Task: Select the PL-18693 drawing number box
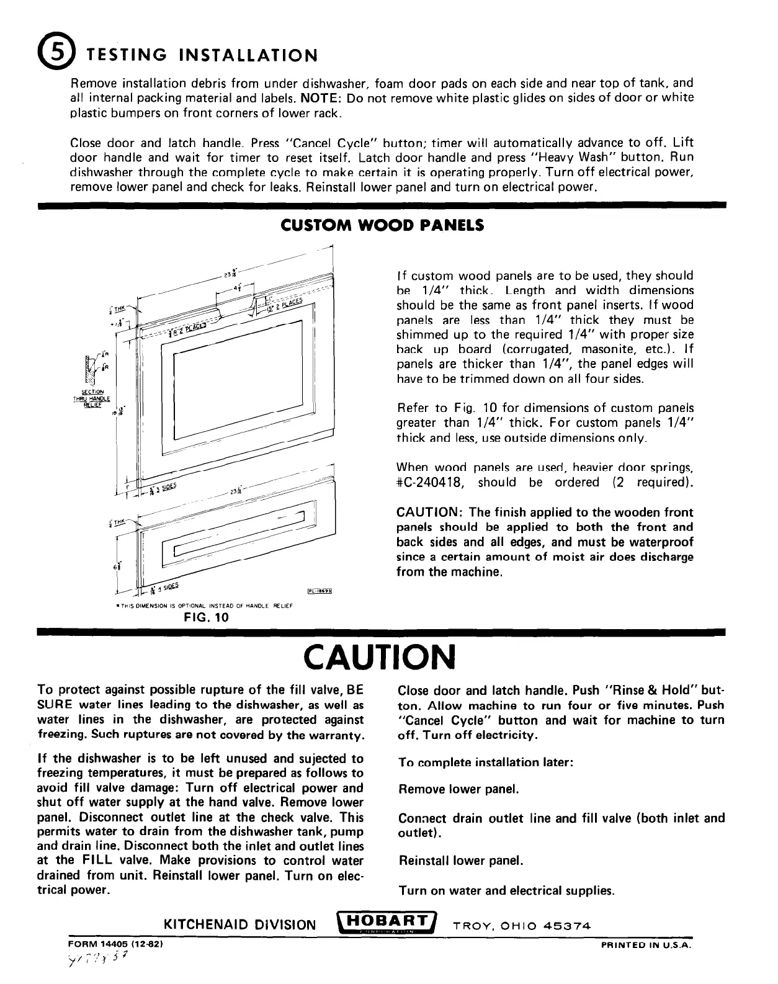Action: coord(321,591)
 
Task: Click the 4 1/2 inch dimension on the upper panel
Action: coord(237,287)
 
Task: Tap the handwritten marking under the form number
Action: coord(98,961)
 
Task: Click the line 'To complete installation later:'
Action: coord(484,762)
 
